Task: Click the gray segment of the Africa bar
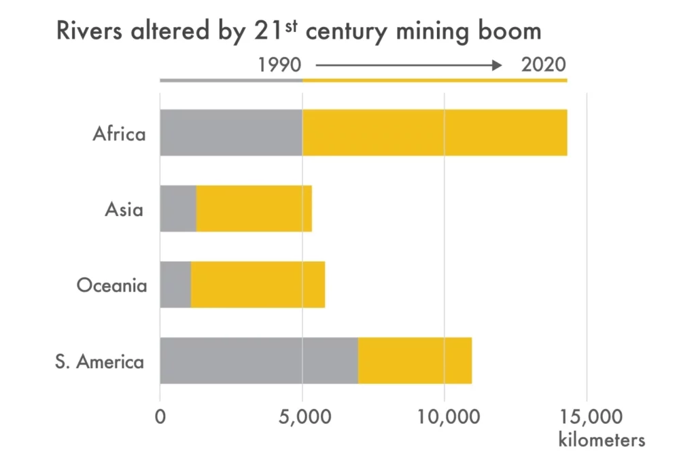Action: pos(231,132)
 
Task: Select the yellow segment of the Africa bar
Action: pos(435,132)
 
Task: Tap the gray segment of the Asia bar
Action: pos(178,209)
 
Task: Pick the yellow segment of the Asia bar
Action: pos(254,209)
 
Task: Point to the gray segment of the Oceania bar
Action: pos(175,285)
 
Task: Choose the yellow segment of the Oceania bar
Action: pos(258,285)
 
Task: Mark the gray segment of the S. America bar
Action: pos(259,360)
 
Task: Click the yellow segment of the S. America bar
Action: pos(415,360)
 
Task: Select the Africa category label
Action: pos(119,133)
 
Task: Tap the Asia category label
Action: pos(124,209)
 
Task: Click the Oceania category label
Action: pos(111,285)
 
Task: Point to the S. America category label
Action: pos(100,361)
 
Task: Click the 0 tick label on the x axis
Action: pos(160,416)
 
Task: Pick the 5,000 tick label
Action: pos(302,416)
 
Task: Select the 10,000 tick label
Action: pos(445,416)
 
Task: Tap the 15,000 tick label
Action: pos(587,416)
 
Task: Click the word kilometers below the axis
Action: pos(602,440)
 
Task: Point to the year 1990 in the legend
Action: pos(280,65)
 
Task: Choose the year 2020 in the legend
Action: pos(543,65)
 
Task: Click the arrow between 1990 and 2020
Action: pos(408,65)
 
